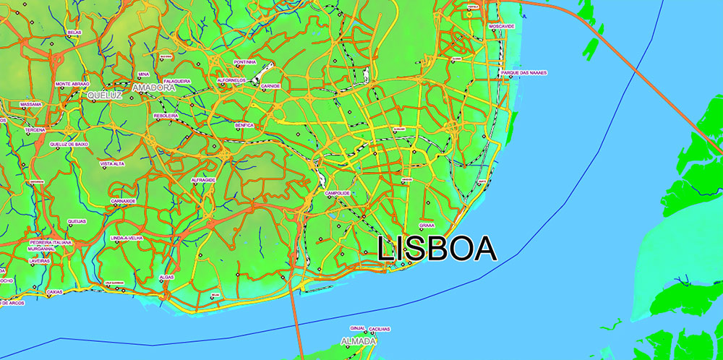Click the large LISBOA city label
[x=437, y=248]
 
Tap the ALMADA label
[x=359, y=340]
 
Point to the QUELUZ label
[x=106, y=95]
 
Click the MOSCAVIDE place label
[x=501, y=26]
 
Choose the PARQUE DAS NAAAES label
[x=523, y=73]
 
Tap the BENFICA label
[x=244, y=125]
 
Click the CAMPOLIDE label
[x=338, y=193]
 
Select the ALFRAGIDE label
[x=203, y=179]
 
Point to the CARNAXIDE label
[x=123, y=201]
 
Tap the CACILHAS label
[x=380, y=329]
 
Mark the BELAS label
[x=74, y=33]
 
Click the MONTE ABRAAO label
[x=72, y=84]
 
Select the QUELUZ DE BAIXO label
[x=69, y=144]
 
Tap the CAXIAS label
[x=54, y=292]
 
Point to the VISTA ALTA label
[x=113, y=164]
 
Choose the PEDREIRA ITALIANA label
[x=51, y=242]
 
